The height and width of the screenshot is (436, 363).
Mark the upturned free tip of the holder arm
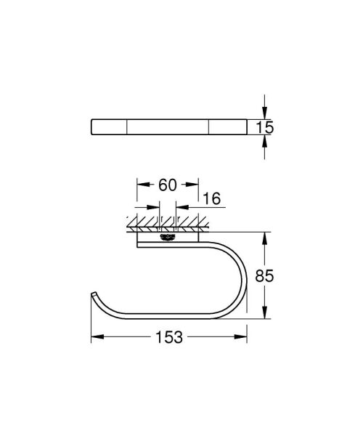point(92,294)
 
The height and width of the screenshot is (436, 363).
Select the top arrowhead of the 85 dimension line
point(265,237)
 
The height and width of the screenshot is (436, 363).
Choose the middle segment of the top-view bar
point(168,127)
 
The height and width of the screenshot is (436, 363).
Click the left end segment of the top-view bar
point(109,127)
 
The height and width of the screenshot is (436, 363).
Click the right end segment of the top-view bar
point(227,127)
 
